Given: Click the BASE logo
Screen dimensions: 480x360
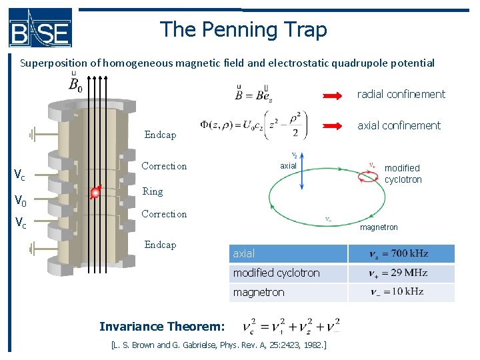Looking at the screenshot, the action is (40, 28).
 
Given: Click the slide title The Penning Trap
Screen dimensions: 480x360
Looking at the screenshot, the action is (243, 29).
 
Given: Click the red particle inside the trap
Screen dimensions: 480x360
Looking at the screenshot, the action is (95, 193).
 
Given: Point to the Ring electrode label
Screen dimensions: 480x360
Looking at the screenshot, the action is (153, 191).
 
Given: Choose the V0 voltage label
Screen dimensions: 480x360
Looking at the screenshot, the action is (20, 200).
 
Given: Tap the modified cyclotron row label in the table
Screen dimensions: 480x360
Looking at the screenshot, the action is (276, 273).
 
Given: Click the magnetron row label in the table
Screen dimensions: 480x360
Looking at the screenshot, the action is (259, 292).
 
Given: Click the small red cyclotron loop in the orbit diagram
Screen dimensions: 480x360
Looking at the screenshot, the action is (367, 175).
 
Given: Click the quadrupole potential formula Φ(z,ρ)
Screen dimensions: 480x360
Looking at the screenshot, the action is (254, 125).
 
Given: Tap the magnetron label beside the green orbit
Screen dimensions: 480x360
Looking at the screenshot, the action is (379, 227).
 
